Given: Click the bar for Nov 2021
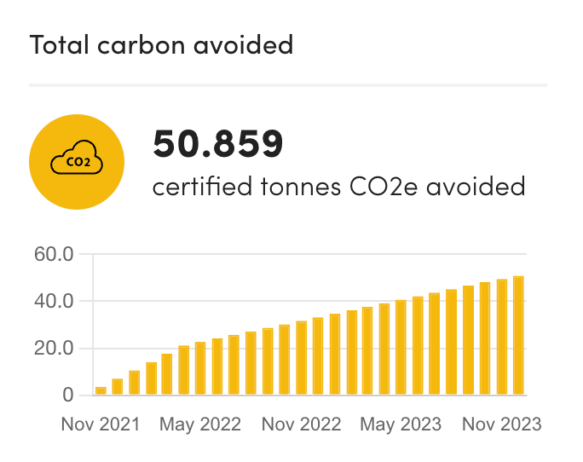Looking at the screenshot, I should [x=101, y=391].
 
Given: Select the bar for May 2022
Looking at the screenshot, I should [x=200, y=369].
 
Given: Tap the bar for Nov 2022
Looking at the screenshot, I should [x=301, y=359].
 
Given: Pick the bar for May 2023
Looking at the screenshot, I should [x=401, y=348].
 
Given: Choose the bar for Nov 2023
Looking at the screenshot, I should [x=501, y=338].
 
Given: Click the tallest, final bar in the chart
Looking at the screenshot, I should [x=517, y=336].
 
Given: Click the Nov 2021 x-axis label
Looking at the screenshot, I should [x=101, y=424].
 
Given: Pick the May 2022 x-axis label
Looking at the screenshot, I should [x=200, y=424].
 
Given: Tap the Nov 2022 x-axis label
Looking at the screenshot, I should [x=301, y=424].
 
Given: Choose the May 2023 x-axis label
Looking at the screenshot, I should [x=401, y=424].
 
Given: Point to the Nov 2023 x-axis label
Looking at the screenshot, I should [x=501, y=424].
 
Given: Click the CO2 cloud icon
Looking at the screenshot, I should [x=77, y=160].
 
